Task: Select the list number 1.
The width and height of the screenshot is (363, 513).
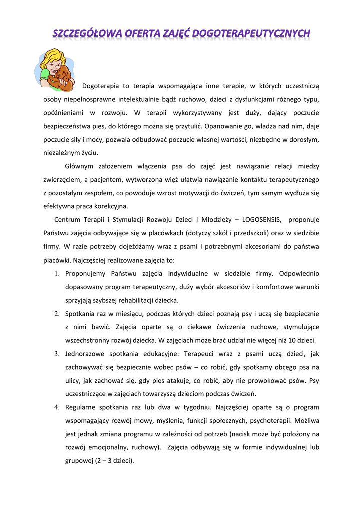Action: click(57, 274)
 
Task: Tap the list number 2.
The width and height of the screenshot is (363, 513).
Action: click(57, 314)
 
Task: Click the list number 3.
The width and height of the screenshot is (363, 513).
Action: click(57, 354)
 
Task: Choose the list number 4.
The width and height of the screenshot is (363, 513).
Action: click(57, 407)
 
